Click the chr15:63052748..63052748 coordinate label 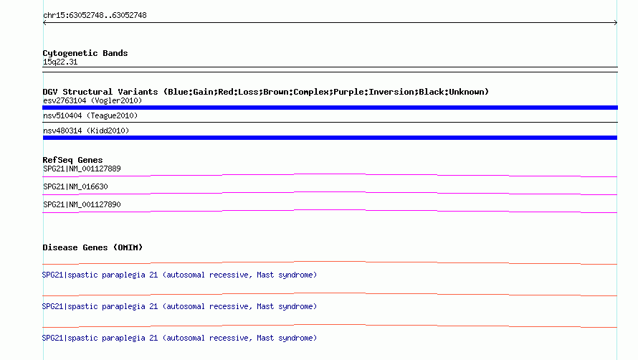click(95, 16)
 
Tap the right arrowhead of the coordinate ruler click(616, 23)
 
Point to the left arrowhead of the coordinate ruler click(44, 23)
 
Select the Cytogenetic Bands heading click(85, 53)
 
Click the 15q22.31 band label click(60, 62)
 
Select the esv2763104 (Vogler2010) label click(92, 100)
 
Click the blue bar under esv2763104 click(330, 108)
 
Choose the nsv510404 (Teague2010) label click(90, 115)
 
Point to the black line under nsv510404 click(330, 122)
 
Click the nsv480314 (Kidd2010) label click(86, 131)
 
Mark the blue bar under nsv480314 click(330, 138)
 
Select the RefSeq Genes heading click(72, 160)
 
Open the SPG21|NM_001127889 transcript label click(82, 169)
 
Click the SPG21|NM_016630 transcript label click(75, 186)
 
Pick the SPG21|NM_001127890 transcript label click(82, 204)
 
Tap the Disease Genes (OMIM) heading click(92, 247)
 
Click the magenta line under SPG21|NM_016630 click(330, 193)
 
